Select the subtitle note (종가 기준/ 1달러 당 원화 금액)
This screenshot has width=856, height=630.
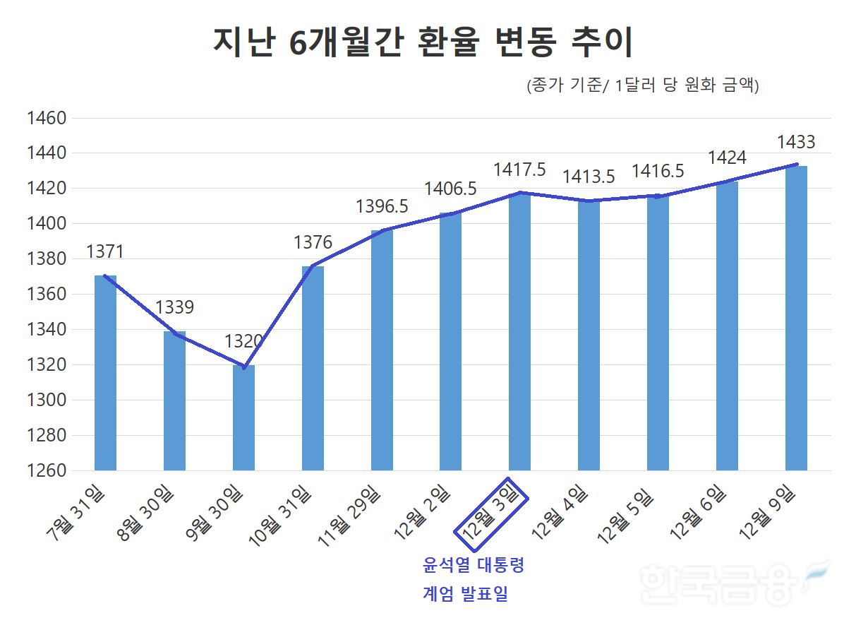coord(642,86)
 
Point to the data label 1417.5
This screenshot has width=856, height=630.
coord(519,170)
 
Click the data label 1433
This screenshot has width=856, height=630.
coord(795,143)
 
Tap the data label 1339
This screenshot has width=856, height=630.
coord(174,308)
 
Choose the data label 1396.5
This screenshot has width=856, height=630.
coord(382,207)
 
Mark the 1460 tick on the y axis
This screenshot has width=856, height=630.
coord(46,118)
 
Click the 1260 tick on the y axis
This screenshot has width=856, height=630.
coord(46,470)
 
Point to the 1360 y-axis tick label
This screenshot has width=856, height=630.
coord(46,294)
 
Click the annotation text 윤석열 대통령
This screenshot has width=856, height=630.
coord(474,566)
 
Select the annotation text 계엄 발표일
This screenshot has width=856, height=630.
coord(466,594)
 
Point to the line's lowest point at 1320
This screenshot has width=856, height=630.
coord(244,367)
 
